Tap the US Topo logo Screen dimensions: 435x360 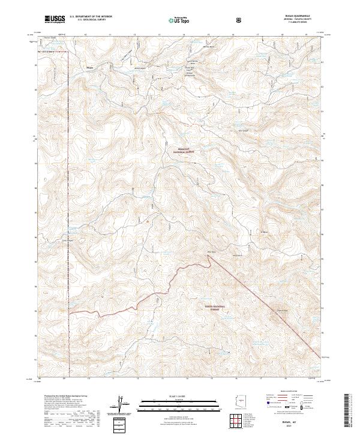173,19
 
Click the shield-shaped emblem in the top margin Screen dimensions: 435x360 239,19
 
